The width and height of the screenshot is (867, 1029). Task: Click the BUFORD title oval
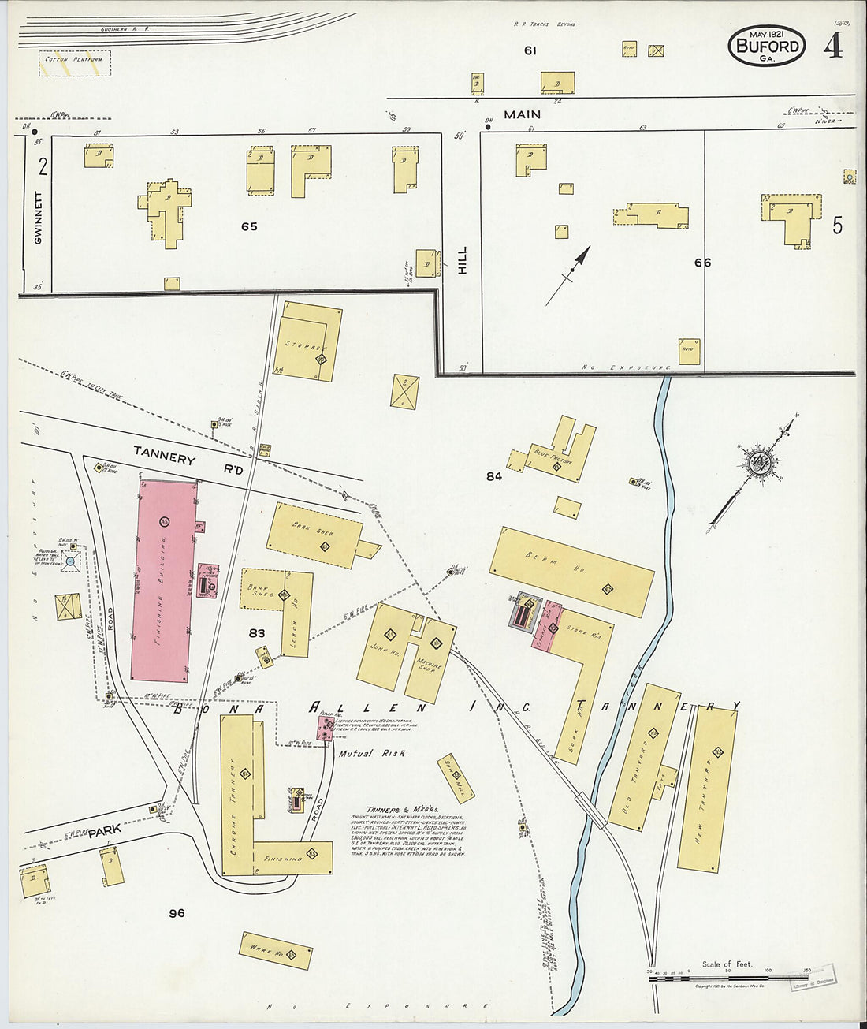[x=766, y=46]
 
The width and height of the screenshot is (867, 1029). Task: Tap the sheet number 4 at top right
[x=832, y=46]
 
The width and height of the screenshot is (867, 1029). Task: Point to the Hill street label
[x=462, y=260]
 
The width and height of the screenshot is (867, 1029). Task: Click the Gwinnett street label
[x=38, y=217]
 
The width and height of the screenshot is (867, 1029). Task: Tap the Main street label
[x=522, y=115]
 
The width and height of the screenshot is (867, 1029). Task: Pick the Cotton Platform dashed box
[x=75, y=64]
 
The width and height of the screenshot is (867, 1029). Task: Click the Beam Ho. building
[x=571, y=572]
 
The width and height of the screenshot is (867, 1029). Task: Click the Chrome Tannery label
[x=233, y=808]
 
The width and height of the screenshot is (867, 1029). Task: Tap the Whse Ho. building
[x=275, y=950]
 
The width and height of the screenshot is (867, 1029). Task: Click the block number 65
[x=249, y=227]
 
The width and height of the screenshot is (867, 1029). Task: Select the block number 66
[x=702, y=263]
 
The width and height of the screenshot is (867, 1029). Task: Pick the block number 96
[x=177, y=913]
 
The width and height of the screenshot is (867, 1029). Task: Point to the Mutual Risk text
[x=372, y=754]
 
